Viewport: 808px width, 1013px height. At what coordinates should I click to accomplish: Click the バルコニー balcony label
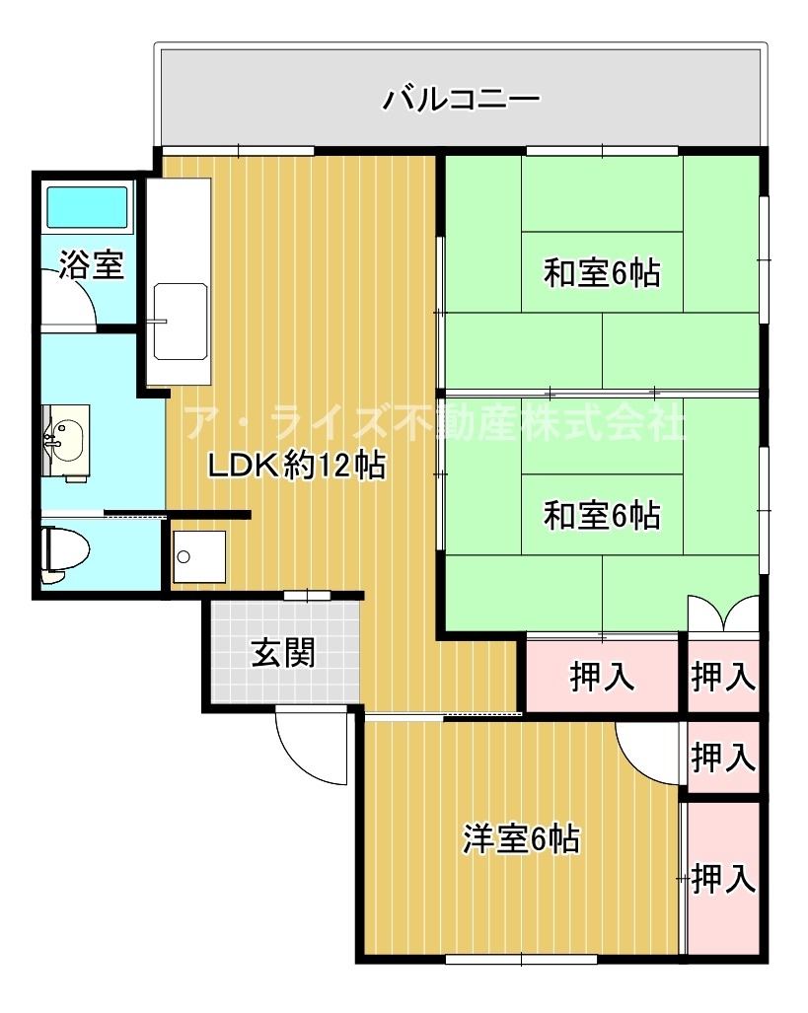(461, 100)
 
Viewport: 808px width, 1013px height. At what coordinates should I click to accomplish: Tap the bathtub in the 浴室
(87, 207)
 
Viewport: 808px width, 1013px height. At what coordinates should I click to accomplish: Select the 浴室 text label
(91, 265)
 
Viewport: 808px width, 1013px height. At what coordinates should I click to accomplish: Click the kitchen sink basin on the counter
(181, 322)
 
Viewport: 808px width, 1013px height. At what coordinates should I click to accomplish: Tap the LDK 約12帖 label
(297, 465)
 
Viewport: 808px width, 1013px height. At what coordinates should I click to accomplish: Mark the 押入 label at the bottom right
(723, 878)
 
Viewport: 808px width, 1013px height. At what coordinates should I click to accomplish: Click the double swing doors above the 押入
(723, 613)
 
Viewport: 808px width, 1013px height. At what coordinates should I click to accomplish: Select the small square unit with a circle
(199, 556)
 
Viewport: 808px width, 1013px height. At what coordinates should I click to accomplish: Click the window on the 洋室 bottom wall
(521, 960)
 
